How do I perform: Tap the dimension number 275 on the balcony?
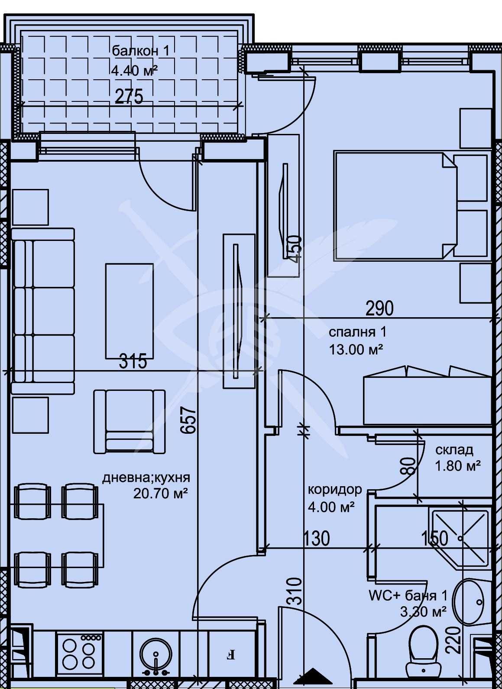(129, 96)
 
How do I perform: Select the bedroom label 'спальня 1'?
(357, 332)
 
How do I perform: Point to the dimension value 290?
(379, 308)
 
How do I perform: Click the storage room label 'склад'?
(454, 450)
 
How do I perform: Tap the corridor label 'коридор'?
(334, 490)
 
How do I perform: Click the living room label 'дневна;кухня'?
(146, 478)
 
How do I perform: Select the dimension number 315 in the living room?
(133, 361)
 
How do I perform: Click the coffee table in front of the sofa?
(130, 311)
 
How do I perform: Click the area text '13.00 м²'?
(356, 349)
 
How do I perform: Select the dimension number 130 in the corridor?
(316, 538)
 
